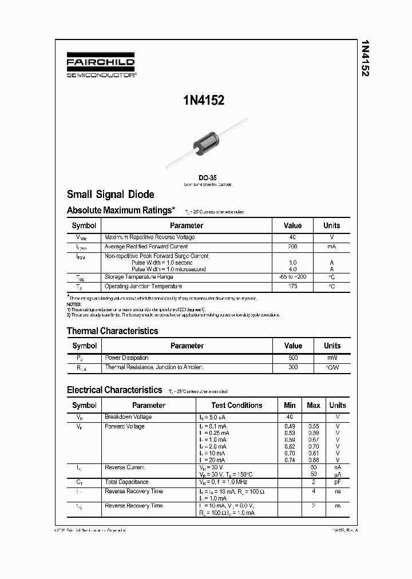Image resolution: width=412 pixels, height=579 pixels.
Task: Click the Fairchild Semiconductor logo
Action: (x=101, y=67)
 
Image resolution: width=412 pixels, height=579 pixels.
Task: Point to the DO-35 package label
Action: (x=207, y=177)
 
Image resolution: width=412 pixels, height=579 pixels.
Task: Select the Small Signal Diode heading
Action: (x=110, y=195)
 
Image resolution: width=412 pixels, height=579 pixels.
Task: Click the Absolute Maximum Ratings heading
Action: (x=121, y=211)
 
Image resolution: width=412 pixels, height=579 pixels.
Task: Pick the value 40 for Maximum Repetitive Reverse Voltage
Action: (x=292, y=237)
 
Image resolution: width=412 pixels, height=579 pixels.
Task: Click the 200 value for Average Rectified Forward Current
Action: (x=292, y=247)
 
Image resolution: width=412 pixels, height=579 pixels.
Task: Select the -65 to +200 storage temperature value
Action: (x=292, y=277)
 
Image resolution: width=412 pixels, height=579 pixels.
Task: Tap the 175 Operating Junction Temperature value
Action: (x=292, y=286)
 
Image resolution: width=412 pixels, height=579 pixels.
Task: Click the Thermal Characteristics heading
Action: (x=112, y=331)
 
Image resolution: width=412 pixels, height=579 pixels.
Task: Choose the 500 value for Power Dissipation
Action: (x=292, y=358)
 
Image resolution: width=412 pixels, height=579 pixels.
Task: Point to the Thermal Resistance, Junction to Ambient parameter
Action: (x=154, y=367)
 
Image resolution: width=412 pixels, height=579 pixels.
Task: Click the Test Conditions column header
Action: (x=237, y=405)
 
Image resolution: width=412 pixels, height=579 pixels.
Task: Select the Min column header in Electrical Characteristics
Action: (x=290, y=405)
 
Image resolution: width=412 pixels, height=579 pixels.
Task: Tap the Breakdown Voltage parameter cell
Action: (x=128, y=417)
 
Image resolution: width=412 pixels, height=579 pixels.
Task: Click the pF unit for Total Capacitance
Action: (x=338, y=482)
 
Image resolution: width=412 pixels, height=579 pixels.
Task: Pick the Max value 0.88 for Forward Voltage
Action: (x=313, y=460)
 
